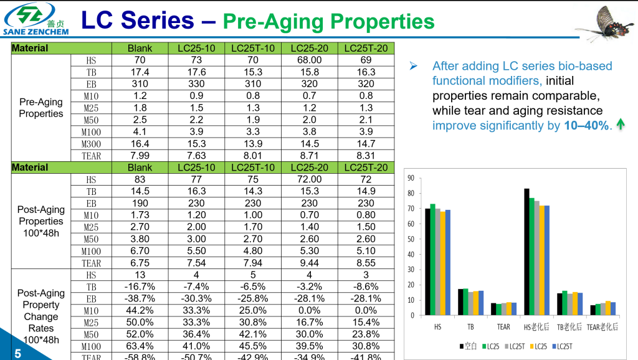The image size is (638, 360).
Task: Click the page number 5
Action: pyautogui.click(x=17, y=353)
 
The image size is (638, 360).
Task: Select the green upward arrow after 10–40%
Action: pyautogui.click(x=620, y=125)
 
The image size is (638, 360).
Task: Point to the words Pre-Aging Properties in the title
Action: pyautogui.click(x=328, y=22)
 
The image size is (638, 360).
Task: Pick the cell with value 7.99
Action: pyautogui.click(x=140, y=156)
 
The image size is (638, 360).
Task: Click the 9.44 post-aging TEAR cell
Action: pyautogui.click(x=309, y=263)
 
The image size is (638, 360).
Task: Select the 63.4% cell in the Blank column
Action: pyautogui.click(x=140, y=346)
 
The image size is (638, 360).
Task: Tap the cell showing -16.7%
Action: pyautogui.click(x=140, y=287)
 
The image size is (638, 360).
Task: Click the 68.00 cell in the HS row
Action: pyautogui.click(x=309, y=60)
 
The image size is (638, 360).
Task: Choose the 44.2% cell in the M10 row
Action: pyautogui.click(x=140, y=310)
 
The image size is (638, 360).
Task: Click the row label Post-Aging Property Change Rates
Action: pyautogui.click(x=41, y=316)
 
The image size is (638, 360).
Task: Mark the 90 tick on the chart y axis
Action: pyautogui.click(x=411, y=178)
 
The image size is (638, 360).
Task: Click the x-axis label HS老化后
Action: pyautogui.click(x=535, y=327)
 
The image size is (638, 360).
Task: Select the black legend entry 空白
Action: pyautogui.click(x=468, y=346)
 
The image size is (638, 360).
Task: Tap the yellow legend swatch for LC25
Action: pyautogui.click(x=530, y=346)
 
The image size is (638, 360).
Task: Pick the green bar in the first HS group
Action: pyautogui.click(x=432, y=259)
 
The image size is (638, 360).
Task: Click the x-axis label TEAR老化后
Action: pyautogui.click(x=602, y=327)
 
